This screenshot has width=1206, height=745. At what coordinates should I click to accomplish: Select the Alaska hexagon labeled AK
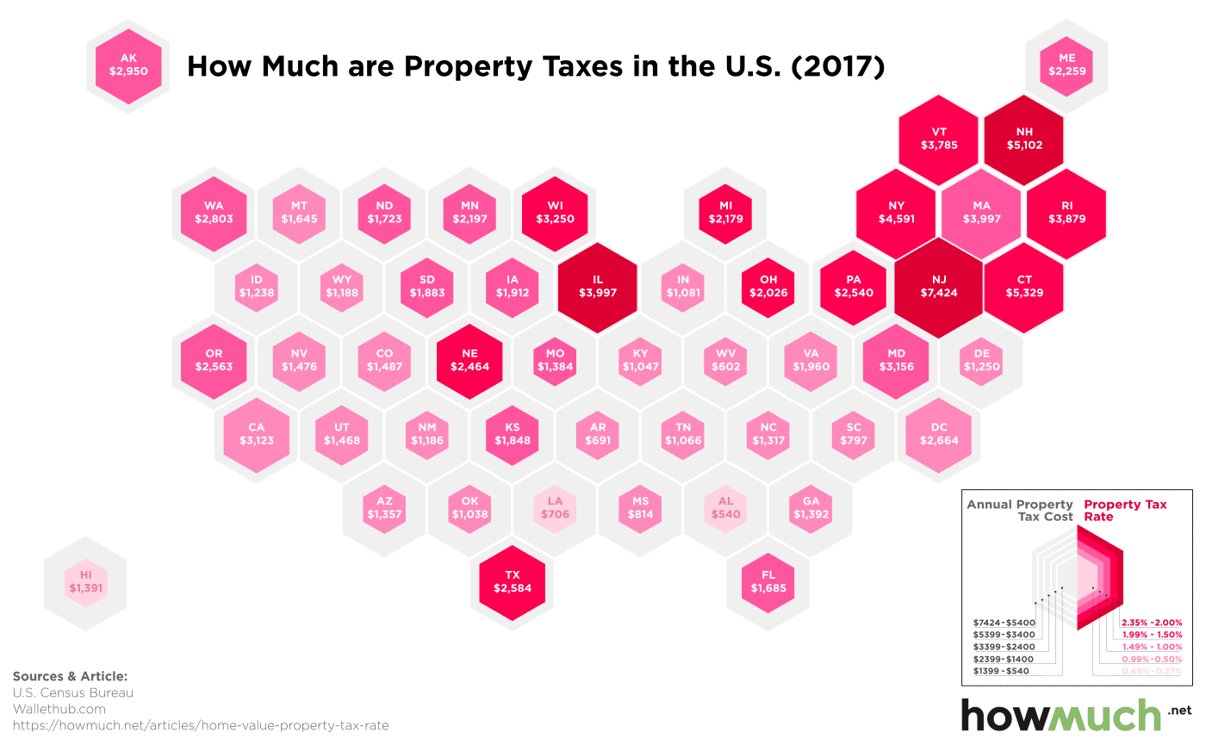(x=128, y=65)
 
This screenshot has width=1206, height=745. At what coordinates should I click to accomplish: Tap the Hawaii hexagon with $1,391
(x=85, y=581)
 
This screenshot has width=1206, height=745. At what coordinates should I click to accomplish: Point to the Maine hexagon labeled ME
(x=1066, y=65)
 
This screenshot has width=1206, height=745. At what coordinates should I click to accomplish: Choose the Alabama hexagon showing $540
(x=725, y=508)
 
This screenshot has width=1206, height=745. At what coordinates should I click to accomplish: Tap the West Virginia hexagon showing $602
(x=725, y=361)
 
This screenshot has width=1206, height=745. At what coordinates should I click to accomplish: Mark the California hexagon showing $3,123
(x=256, y=435)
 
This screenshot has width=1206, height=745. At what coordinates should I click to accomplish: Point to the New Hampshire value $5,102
(x=1024, y=146)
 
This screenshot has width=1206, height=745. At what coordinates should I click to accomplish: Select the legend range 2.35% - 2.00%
(x=1151, y=623)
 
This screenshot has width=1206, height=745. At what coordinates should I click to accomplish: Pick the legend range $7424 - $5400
(x=1002, y=623)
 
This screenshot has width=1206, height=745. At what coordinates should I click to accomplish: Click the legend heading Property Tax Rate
(x=1125, y=511)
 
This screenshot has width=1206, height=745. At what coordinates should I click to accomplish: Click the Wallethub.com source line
(x=59, y=709)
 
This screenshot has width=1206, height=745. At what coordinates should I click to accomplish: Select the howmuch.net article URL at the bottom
(x=201, y=726)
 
